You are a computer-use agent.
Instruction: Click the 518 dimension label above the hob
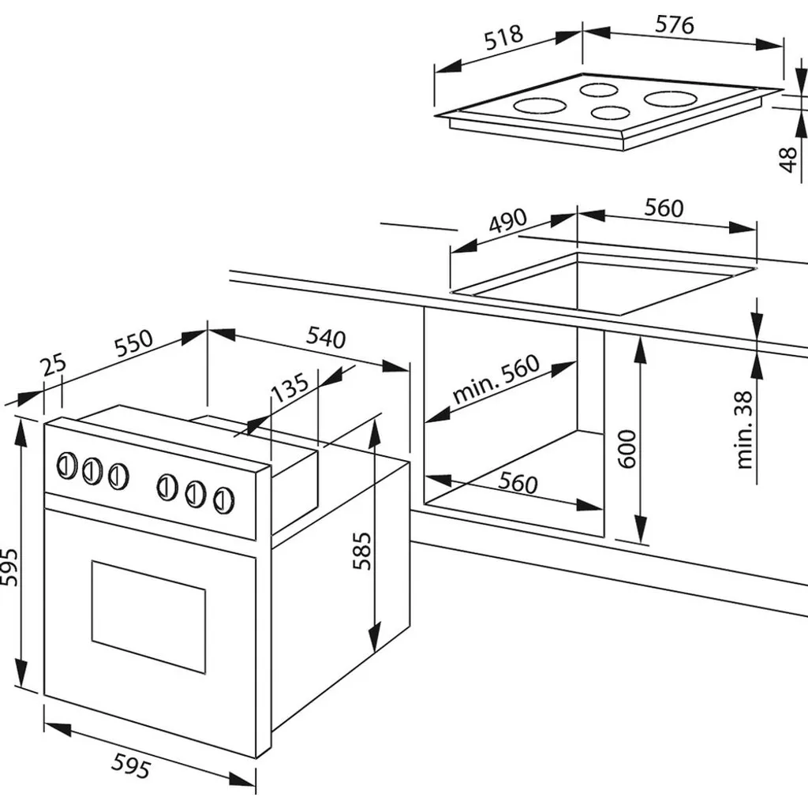pyautogui.click(x=503, y=38)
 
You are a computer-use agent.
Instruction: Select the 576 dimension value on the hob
pyautogui.click(x=675, y=24)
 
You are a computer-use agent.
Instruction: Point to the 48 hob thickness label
pyautogui.click(x=788, y=159)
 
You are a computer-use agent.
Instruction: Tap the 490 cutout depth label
pyautogui.click(x=508, y=221)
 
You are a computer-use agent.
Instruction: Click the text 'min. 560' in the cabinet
pyautogui.click(x=496, y=379)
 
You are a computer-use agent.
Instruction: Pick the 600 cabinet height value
pyautogui.click(x=627, y=449)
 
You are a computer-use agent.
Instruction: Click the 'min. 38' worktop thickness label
pyautogui.click(x=745, y=430)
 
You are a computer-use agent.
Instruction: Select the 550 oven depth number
pyautogui.click(x=134, y=343)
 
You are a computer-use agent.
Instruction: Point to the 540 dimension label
pyautogui.click(x=326, y=338)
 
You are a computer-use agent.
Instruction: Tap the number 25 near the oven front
pyautogui.click(x=54, y=365)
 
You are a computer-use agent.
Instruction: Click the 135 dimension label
pyautogui.click(x=290, y=387)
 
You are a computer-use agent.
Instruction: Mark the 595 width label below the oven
pyautogui.click(x=131, y=765)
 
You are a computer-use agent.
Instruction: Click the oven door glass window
pyautogui.click(x=148, y=616)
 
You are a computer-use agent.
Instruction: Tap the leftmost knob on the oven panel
pyautogui.click(x=66, y=466)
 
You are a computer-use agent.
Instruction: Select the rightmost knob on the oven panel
pyautogui.click(x=223, y=499)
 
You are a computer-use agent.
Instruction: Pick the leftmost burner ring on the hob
pyautogui.click(x=540, y=107)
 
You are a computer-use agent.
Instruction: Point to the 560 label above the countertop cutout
pyautogui.click(x=664, y=208)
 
